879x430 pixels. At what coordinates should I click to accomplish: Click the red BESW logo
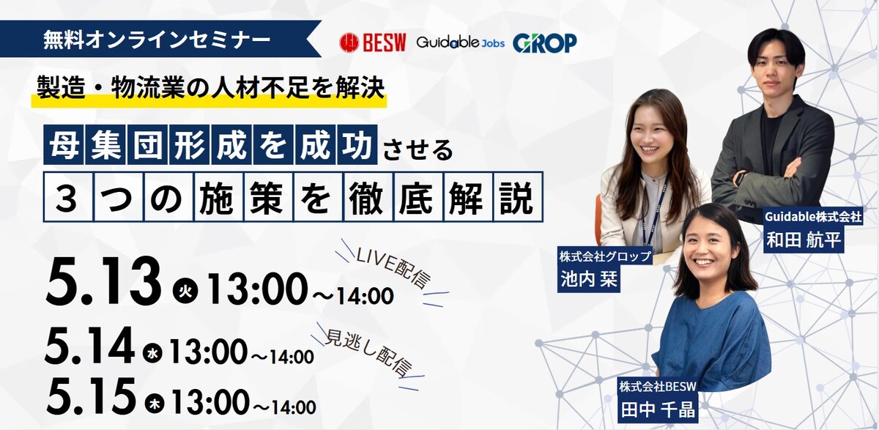[372, 42]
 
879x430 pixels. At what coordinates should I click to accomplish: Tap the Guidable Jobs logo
[461, 42]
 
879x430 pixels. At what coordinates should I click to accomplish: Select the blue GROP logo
[545, 42]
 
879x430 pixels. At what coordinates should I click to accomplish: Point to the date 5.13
[103, 282]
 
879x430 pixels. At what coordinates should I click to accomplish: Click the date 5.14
[90, 346]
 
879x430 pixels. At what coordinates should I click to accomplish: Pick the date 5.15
[91, 396]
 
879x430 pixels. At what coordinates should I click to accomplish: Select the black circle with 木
[155, 404]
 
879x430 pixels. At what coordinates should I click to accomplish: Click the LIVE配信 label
[393, 269]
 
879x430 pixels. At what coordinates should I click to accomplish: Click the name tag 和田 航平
[804, 240]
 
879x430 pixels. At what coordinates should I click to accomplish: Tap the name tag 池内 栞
[589, 279]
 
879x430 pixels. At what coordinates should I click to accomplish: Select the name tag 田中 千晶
[658, 409]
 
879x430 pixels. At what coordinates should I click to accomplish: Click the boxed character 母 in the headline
[64, 145]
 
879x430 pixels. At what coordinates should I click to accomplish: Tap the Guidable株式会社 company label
[813, 216]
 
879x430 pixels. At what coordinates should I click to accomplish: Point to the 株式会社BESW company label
[658, 388]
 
